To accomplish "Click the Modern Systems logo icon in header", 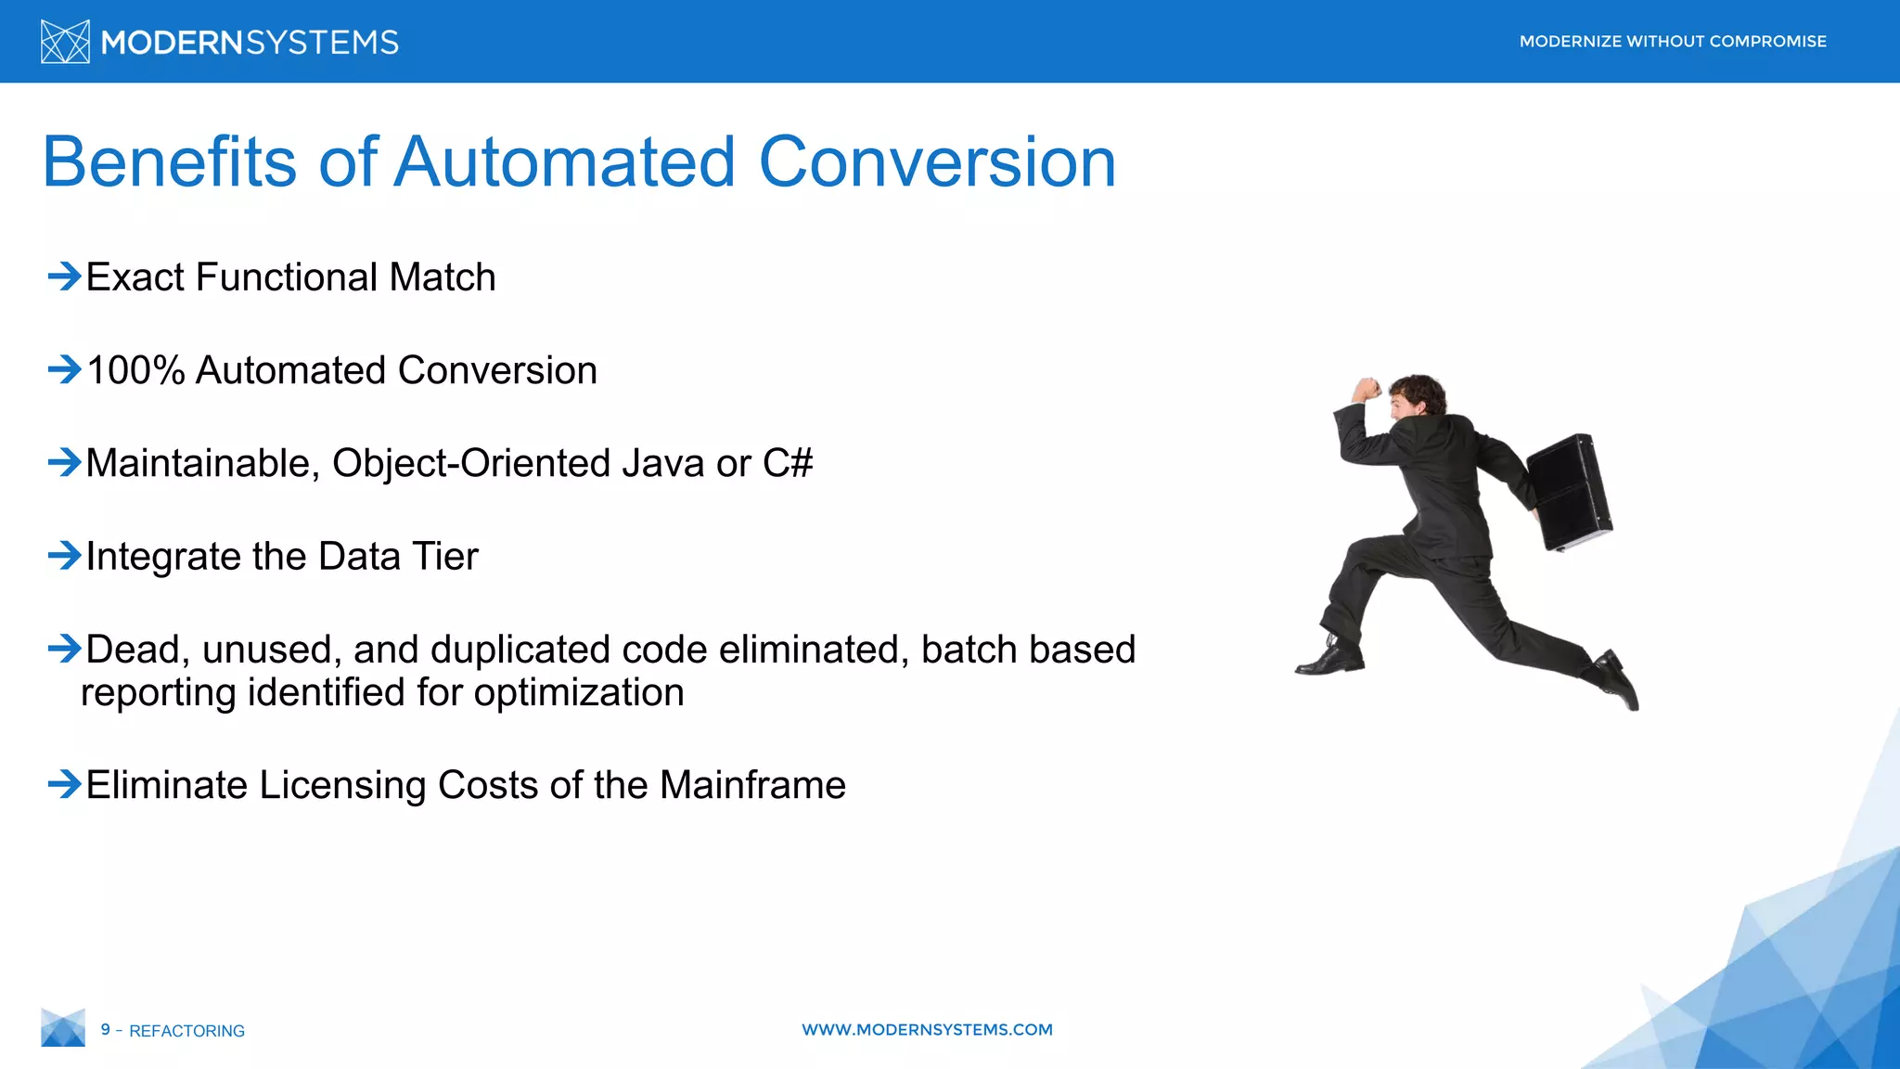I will pyautogui.click(x=65, y=42).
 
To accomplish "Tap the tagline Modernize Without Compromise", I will pyautogui.click(x=1672, y=42).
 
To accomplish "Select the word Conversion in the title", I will pyautogui.click(x=937, y=162).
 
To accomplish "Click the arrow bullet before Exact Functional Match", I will pyautogui.click(x=64, y=276).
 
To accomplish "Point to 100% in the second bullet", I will pyautogui.click(x=135, y=370).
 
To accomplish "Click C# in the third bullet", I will pyautogui.click(x=787, y=463).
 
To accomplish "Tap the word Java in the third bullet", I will pyautogui.click(x=662, y=463).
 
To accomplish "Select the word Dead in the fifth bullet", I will pyautogui.click(x=137, y=649).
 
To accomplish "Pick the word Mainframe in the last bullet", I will pyautogui.click(x=752, y=785).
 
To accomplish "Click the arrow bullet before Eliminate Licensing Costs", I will pyautogui.click(x=64, y=784).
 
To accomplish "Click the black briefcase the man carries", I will pyautogui.click(x=1570, y=492).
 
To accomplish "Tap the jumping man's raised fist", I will pyautogui.click(x=1367, y=388).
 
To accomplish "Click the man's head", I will pyautogui.click(x=1418, y=394).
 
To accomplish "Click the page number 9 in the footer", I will pyautogui.click(x=106, y=1029).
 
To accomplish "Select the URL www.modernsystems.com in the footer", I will pyautogui.click(x=927, y=1029).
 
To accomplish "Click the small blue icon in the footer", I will pyautogui.click(x=63, y=1027).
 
